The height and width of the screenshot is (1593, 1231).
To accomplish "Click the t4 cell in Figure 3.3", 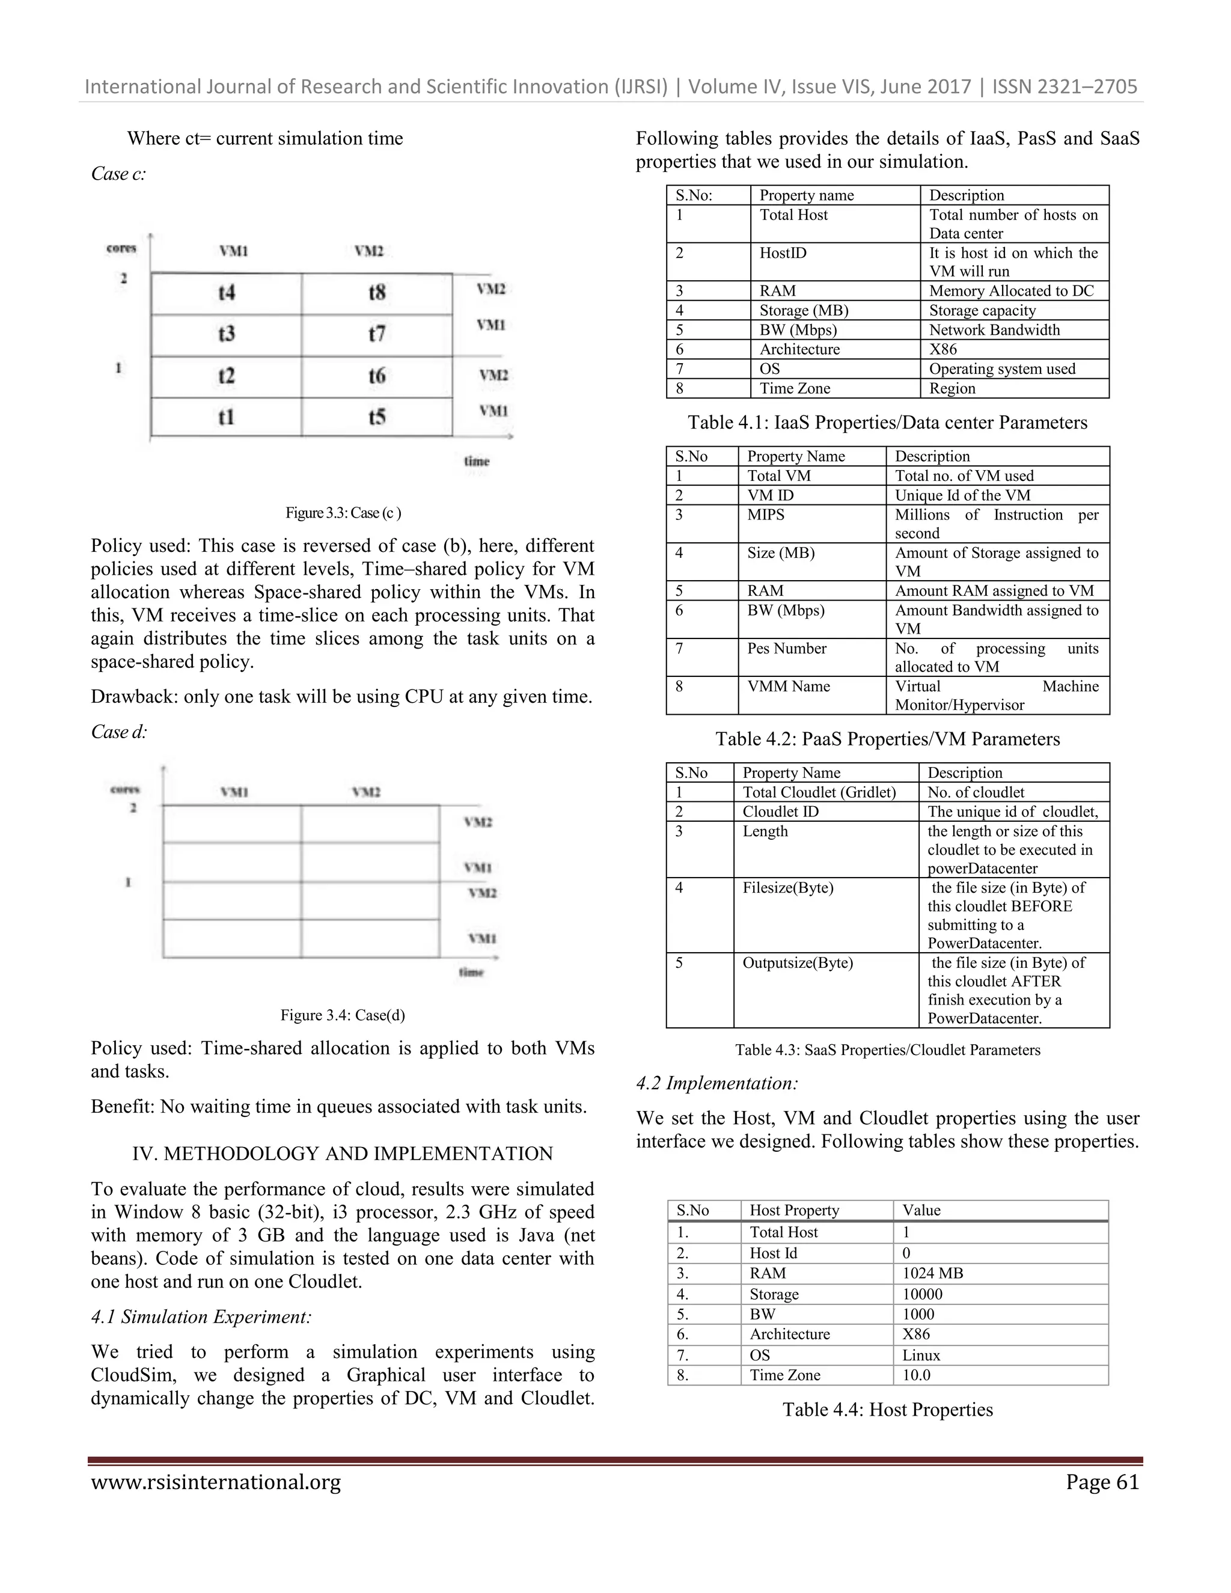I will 226,293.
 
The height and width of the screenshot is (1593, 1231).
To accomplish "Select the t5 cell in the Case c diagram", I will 376,417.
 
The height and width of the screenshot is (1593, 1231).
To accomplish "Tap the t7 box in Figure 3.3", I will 376,335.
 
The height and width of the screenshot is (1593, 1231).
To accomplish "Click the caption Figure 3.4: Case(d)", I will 343,1015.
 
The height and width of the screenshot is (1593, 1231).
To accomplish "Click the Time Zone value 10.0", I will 917,1375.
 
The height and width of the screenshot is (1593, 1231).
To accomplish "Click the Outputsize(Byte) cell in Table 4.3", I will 797,963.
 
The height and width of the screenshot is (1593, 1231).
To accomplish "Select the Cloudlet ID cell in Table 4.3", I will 780,812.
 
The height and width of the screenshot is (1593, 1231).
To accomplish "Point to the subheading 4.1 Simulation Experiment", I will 201,1316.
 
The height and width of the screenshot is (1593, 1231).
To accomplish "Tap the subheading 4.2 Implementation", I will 717,1083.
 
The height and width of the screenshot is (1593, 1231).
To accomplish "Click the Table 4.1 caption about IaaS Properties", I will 887,423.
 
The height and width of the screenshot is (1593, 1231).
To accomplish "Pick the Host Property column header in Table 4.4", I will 794,1210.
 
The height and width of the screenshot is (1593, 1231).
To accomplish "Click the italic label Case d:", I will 119,732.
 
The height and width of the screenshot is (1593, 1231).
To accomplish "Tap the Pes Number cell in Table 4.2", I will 786,649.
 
